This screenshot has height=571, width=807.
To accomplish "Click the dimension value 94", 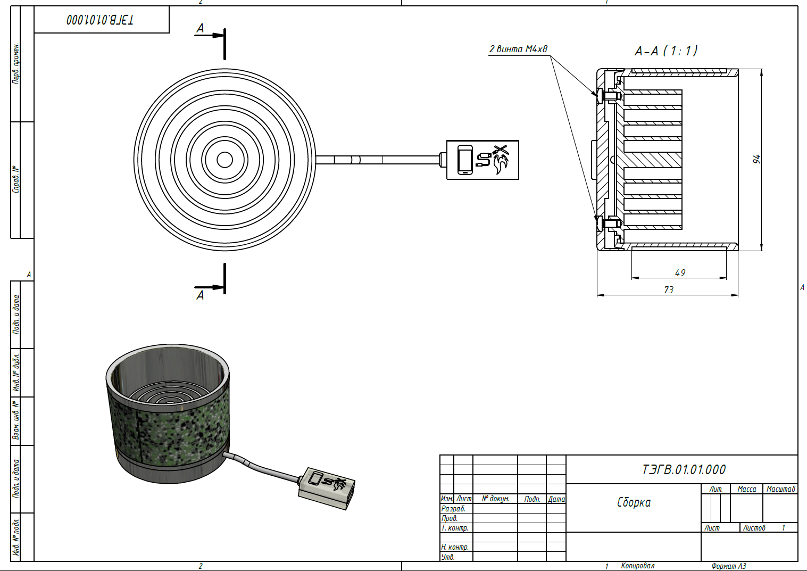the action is click(x=756, y=159).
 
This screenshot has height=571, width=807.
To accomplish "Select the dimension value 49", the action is click(x=680, y=273).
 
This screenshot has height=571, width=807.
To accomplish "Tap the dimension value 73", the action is click(x=669, y=290).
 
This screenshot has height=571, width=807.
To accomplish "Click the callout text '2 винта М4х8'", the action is click(x=518, y=49).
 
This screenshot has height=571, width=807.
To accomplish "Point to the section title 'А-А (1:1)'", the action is click(x=666, y=51).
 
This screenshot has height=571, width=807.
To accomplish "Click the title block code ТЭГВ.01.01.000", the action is click(x=684, y=469).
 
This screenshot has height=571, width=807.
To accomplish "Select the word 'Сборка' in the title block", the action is click(x=634, y=502).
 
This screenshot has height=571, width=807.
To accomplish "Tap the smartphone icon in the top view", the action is click(x=465, y=160).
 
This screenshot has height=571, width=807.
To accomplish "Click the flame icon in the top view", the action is click(x=501, y=164).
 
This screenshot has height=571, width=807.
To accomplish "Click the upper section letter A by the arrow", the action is click(x=200, y=28).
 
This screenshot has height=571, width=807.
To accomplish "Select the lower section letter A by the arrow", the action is click(x=200, y=295).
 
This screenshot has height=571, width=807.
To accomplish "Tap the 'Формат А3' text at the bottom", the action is click(x=728, y=566).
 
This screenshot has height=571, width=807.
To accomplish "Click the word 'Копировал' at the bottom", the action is click(x=638, y=566).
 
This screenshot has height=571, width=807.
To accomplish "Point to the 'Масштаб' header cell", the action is click(x=780, y=489).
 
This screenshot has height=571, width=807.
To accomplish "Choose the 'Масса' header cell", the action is click(x=746, y=489).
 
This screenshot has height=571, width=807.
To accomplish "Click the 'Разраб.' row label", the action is click(x=453, y=509).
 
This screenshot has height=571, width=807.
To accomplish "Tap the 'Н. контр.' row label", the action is click(x=455, y=547).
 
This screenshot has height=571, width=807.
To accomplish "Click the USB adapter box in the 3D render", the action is click(x=327, y=489).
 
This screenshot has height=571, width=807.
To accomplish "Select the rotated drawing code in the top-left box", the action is click(x=100, y=20).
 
